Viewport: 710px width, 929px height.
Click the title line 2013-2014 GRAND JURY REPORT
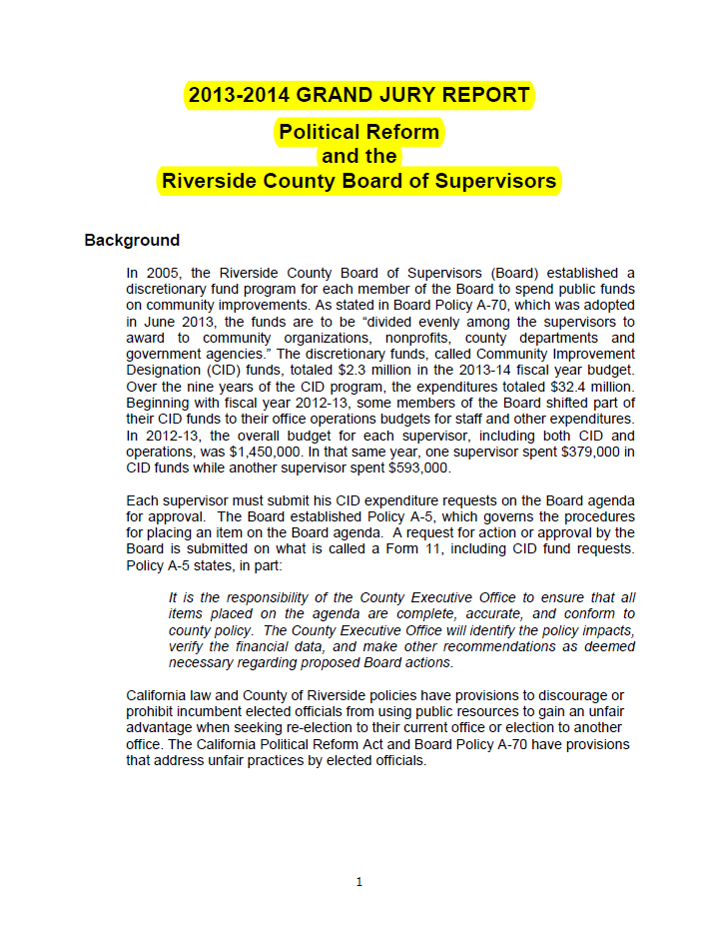pos(358,96)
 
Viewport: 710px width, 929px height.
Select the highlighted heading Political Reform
pos(358,132)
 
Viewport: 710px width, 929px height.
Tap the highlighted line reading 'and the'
pos(358,157)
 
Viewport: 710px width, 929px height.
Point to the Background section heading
pos(132,241)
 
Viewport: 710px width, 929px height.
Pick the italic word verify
pos(189,646)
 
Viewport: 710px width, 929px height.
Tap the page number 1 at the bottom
pos(358,882)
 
